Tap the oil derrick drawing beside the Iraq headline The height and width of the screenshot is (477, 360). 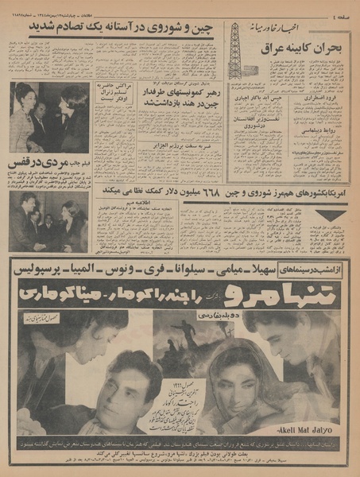pyautogui.click(x=234, y=51)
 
